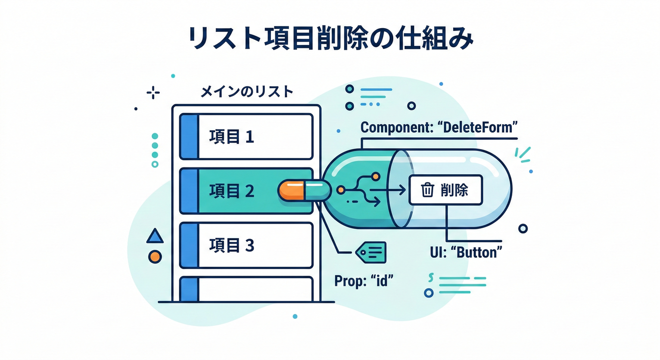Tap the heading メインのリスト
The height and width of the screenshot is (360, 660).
(x=247, y=92)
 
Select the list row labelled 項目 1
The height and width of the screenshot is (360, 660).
(x=255, y=137)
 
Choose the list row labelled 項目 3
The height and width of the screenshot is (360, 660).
(x=255, y=245)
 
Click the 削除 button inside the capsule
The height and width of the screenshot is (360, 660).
(x=445, y=190)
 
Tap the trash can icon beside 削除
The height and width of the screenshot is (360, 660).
(x=427, y=190)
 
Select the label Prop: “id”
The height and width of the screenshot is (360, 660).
(x=363, y=281)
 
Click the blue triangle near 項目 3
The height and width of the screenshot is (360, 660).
(x=155, y=236)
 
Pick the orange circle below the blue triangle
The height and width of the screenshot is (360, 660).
(x=155, y=256)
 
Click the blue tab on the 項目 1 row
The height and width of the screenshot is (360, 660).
(x=189, y=137)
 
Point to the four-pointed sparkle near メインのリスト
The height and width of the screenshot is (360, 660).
(x=153, y=93)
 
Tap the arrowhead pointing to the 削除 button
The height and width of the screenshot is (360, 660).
(x=401, y=190)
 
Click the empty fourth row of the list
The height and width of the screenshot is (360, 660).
(x=255, y=289)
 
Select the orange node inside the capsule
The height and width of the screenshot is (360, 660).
(x=341, y=190)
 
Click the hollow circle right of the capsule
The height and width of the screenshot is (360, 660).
(x=523, y=228)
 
